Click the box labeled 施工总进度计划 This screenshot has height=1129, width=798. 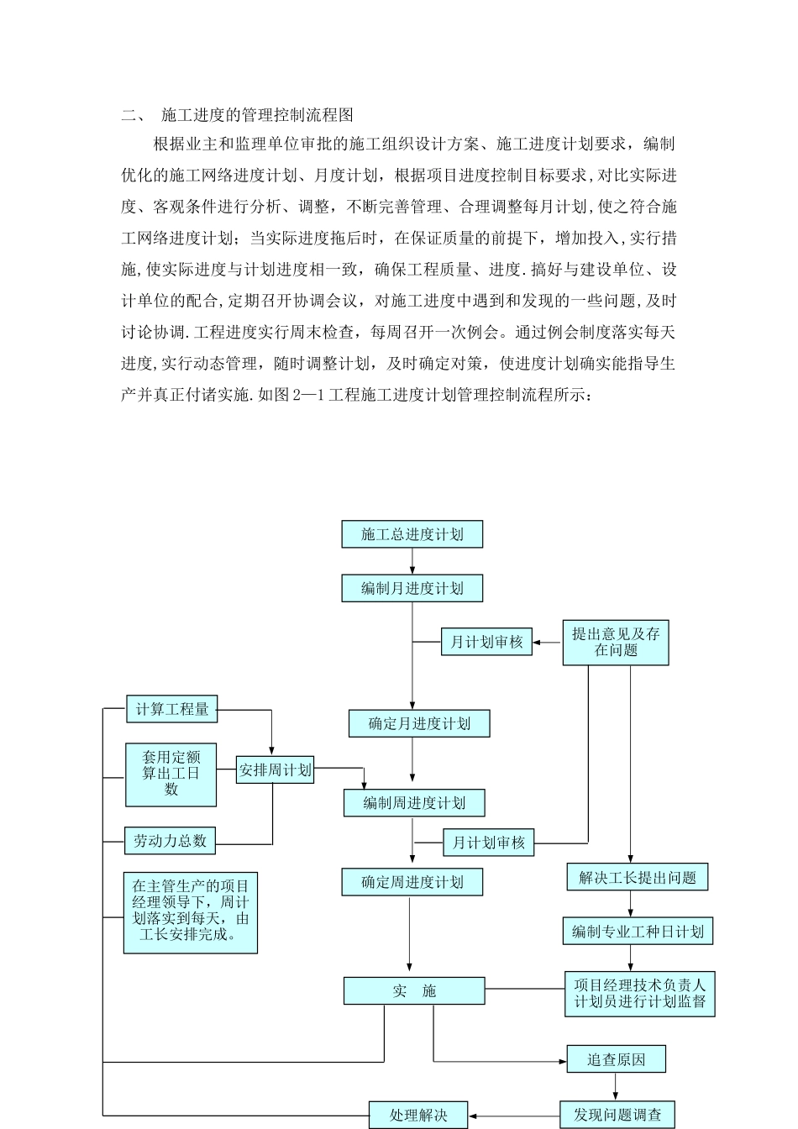pos(412,534)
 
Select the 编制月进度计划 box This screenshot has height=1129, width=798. pos(412,588)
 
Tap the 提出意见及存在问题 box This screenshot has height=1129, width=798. pos(616,643)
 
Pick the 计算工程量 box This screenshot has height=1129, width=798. pos(171,709)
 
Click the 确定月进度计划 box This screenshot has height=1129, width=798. pos(419,723)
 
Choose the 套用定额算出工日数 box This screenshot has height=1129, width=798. pos(171,774)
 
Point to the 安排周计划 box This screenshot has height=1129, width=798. pos(276,769)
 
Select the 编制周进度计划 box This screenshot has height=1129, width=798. pos(414,803)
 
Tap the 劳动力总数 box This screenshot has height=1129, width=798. pos(170,840)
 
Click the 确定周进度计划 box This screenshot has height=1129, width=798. pos(412,882)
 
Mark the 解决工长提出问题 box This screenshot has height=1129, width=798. pos(638,878)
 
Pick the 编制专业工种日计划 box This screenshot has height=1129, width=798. pos(638,932)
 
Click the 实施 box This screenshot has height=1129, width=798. pos(414,991)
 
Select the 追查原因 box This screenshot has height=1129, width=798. pos(616,1059)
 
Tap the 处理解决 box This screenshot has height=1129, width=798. pos(418,1116)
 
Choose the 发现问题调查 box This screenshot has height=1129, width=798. pos(617,1116)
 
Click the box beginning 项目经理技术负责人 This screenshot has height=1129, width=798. pos(639,993)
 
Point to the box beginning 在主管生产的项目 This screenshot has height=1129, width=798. pos(191,911)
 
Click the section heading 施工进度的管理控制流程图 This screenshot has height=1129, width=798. pos(257,115)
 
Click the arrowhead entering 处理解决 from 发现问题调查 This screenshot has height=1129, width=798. pos(474,1116)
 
